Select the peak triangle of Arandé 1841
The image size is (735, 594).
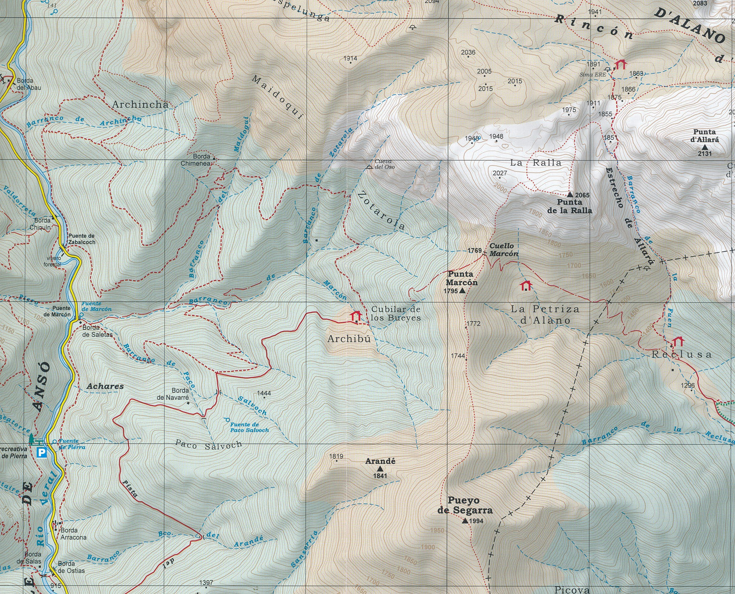(380, 469)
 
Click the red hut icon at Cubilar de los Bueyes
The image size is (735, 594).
(356, 316)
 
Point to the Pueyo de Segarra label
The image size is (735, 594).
(464, 505)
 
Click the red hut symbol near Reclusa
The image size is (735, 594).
(678, 341)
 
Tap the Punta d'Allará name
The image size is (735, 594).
(705, 135)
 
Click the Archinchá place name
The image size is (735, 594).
(140, 104)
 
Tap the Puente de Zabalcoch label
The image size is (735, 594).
(82, 239)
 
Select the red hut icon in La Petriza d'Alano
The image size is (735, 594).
(526, 285)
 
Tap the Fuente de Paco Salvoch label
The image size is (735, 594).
(249, 427)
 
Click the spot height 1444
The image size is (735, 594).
(264, 393)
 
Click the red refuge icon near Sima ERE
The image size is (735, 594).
(621, 64)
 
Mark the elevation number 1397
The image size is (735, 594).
(206, 582)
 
